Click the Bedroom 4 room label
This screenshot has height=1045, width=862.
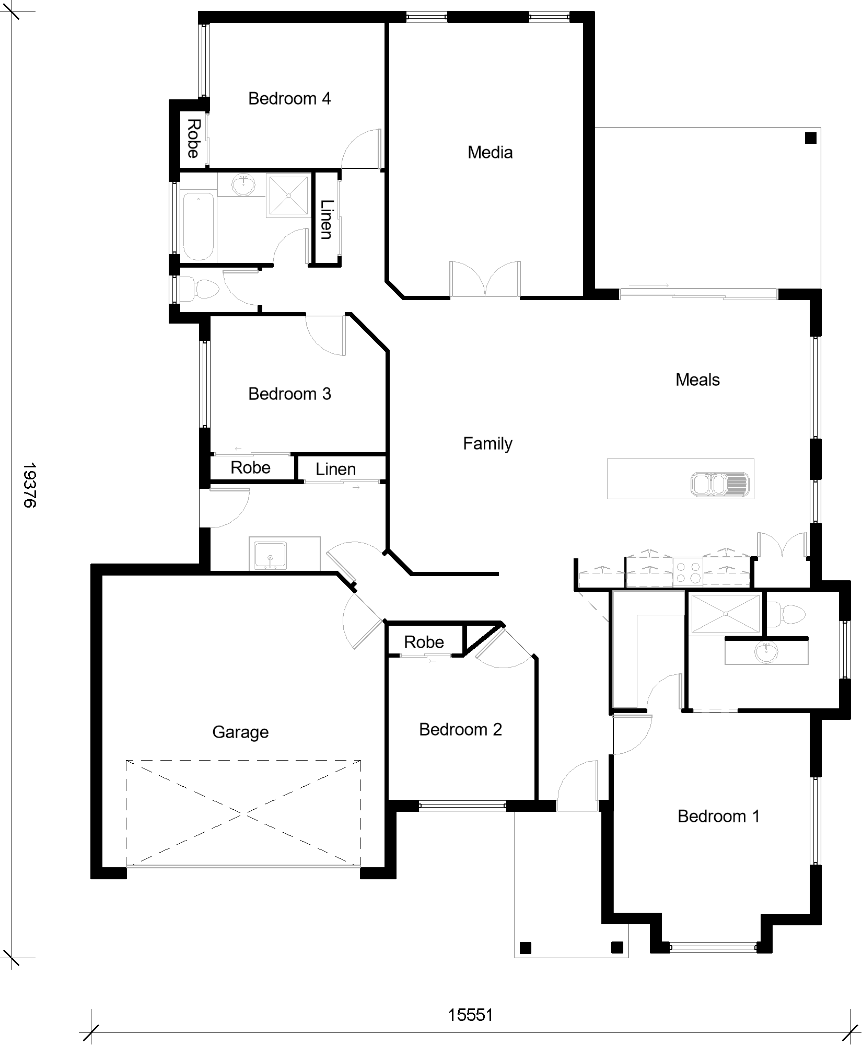click(x=289, y=98)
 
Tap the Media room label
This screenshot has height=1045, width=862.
click(x=490, y=152)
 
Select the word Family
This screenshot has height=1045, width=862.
click(x=487, y=444)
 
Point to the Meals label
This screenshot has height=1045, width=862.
click(x=697, y=380)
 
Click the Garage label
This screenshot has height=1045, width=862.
click(x=240, y=732)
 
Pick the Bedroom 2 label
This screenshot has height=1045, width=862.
click(x=460, y=729)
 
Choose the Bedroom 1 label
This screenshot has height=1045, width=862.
click(x=718, y=816)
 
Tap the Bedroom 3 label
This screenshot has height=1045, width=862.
click(x=289, y=394)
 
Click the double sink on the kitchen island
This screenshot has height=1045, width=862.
click(x=719, y=484)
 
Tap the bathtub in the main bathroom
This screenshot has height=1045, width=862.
click(x=199, y=226)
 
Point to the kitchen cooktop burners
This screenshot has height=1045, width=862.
click(x=688, y=571)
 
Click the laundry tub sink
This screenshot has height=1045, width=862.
click(x=270, y=555)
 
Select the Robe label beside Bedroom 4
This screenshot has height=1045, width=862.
click(x=193, y=139)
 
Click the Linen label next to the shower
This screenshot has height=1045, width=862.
click(x=326, y=220)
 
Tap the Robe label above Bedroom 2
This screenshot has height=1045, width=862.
click(x=424, y=642)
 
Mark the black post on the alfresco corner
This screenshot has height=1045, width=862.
click(x=810, y=138)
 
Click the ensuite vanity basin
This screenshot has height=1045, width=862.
click(x=766, y=651)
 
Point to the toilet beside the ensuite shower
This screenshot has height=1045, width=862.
click(x=787, y=613)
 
